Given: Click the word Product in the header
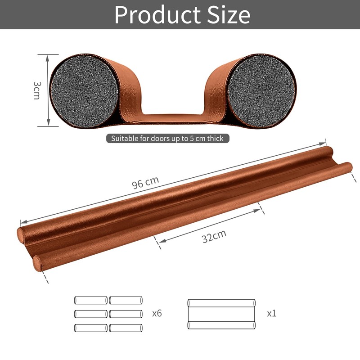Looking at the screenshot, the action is (x=158, y=15).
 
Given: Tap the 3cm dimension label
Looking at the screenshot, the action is (x=37, y=90).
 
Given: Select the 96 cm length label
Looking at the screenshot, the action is (x=145, y=183).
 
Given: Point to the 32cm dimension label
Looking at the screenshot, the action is (x=214, y=236).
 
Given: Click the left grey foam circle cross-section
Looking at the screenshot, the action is (x=84, y=91).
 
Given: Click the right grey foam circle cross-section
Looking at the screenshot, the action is (x=261, y=91).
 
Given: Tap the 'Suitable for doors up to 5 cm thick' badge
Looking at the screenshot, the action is (x=167, y=139).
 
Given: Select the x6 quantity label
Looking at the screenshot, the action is (x=157, y=313).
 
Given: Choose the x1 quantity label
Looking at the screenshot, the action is (x=272, y=313).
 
